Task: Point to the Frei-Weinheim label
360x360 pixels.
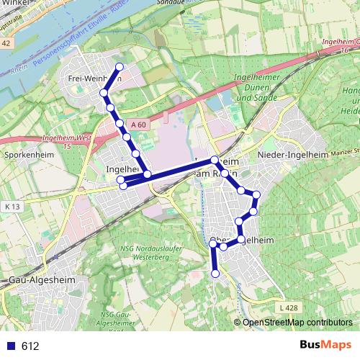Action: pyautogui.click(x=90, y=77)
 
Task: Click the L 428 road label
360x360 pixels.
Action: pyautogui.click(x=287, y=307)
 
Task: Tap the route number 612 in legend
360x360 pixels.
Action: pyautogui.click(x=30, y=346)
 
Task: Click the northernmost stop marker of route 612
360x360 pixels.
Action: pyautogui.click(x=120, y=68)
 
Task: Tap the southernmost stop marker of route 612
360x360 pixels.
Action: pyautogui.click(x=215, y=274)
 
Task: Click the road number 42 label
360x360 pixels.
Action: pyautogui.click(x=6, y=44)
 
